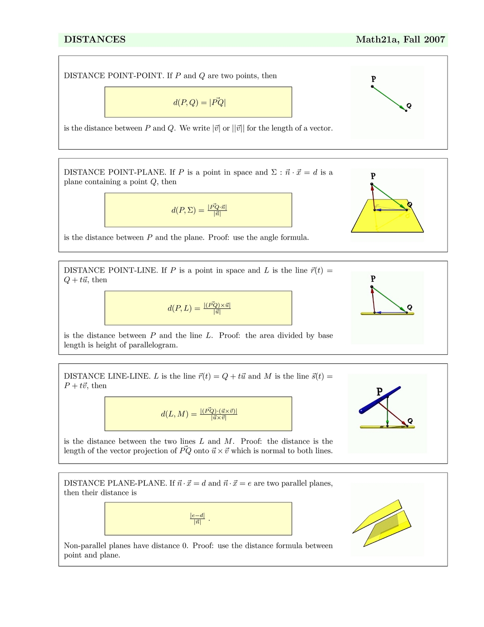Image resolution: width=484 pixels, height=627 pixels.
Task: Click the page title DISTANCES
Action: [95, 40]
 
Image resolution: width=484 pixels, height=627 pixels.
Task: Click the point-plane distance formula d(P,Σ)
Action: [199, 210]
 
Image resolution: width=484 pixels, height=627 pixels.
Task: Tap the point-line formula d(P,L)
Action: [199, 308]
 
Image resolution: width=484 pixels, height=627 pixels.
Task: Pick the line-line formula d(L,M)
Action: [199, 414]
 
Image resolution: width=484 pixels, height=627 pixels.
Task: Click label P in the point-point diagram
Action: [374, 79]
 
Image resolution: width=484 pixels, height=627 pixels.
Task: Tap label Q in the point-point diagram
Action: [409, 106]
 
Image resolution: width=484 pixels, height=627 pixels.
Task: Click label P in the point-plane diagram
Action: [373, 176]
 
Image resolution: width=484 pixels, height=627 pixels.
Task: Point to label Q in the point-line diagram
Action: [410, 307]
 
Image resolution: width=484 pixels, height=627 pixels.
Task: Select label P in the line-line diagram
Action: [380, 391]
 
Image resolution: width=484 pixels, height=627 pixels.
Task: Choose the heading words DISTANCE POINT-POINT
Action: [114, 76]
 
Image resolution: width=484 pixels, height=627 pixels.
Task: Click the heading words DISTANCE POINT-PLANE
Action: [115, 172]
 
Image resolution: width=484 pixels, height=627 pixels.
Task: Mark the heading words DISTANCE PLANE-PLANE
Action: [115, 483]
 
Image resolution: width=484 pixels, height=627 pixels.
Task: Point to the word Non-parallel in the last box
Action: [86, 546]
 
